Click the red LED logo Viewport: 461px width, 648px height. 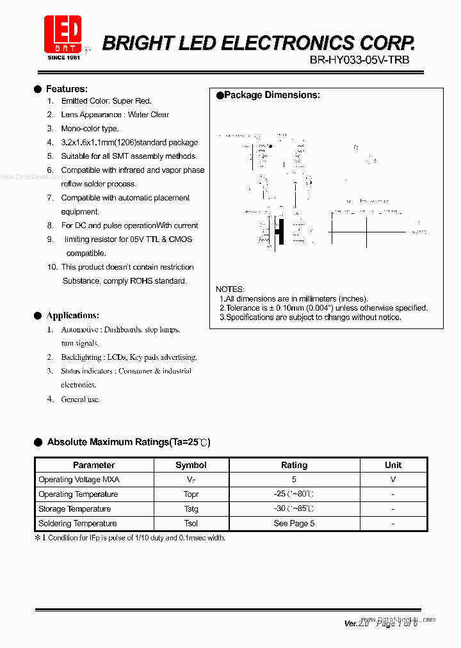tap(62, 35)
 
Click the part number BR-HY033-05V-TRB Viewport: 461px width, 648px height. tap(359, 60)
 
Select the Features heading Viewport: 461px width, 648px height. tap(67, 89)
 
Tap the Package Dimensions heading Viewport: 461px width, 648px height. tap(272, 95)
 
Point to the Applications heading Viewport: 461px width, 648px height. tap(72, 315)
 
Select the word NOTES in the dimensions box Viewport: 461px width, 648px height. tap(230, 289)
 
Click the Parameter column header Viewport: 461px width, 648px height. tap(93, 465)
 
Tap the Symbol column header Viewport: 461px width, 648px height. tap(191, 465)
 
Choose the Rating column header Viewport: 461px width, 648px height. tap(294, 465)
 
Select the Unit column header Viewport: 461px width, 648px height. tap(393, 465)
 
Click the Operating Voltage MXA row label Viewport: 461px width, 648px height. tap(79, 480)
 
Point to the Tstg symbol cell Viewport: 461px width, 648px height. tap(191, 509)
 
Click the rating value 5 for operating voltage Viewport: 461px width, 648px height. tap(294, 480)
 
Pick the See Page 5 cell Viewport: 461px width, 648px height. tap(294, 523)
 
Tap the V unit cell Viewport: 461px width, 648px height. tap(393, 480)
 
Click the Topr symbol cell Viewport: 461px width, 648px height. tap(191, 494)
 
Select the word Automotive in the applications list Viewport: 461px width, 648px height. tap(79, 329)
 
